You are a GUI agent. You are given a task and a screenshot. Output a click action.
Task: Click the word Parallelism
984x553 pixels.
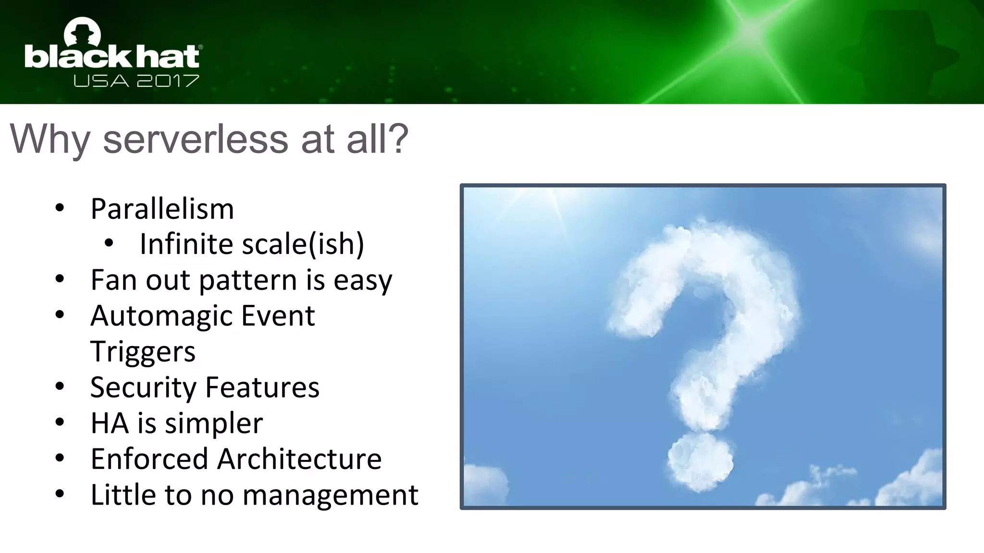click(x=162, y=209)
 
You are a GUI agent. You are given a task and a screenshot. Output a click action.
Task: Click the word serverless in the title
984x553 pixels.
click(x=195, y=139)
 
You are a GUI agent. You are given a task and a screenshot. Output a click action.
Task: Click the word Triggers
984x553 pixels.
click(x=143, y=352)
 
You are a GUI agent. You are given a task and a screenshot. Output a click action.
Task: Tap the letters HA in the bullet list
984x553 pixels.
click(x=110, y=423)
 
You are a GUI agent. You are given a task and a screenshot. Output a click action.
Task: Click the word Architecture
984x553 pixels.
click(x=299, y=459)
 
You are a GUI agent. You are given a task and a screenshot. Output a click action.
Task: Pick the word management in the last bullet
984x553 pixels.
click(x=330, y=495)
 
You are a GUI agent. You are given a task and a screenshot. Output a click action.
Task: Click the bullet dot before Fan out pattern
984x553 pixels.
click(x=60, y=279)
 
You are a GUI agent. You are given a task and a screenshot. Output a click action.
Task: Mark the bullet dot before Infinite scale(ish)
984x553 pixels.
click(x=109, y=243)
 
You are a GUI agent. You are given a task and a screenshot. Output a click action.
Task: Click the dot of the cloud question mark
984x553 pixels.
click(x=700, y=462)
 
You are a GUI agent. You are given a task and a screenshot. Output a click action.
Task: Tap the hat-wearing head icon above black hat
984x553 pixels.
click(x=82, y=33)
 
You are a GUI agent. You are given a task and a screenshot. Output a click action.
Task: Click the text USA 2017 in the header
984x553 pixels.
click(x=136, y=81)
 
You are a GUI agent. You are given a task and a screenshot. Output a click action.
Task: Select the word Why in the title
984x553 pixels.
click(x=50, y=139)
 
